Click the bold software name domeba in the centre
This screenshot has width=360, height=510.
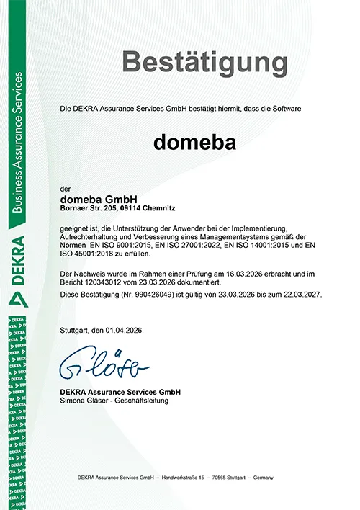[194, 142]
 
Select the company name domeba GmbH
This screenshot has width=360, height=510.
[98, 198]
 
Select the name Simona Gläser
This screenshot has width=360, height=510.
[84, 401]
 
